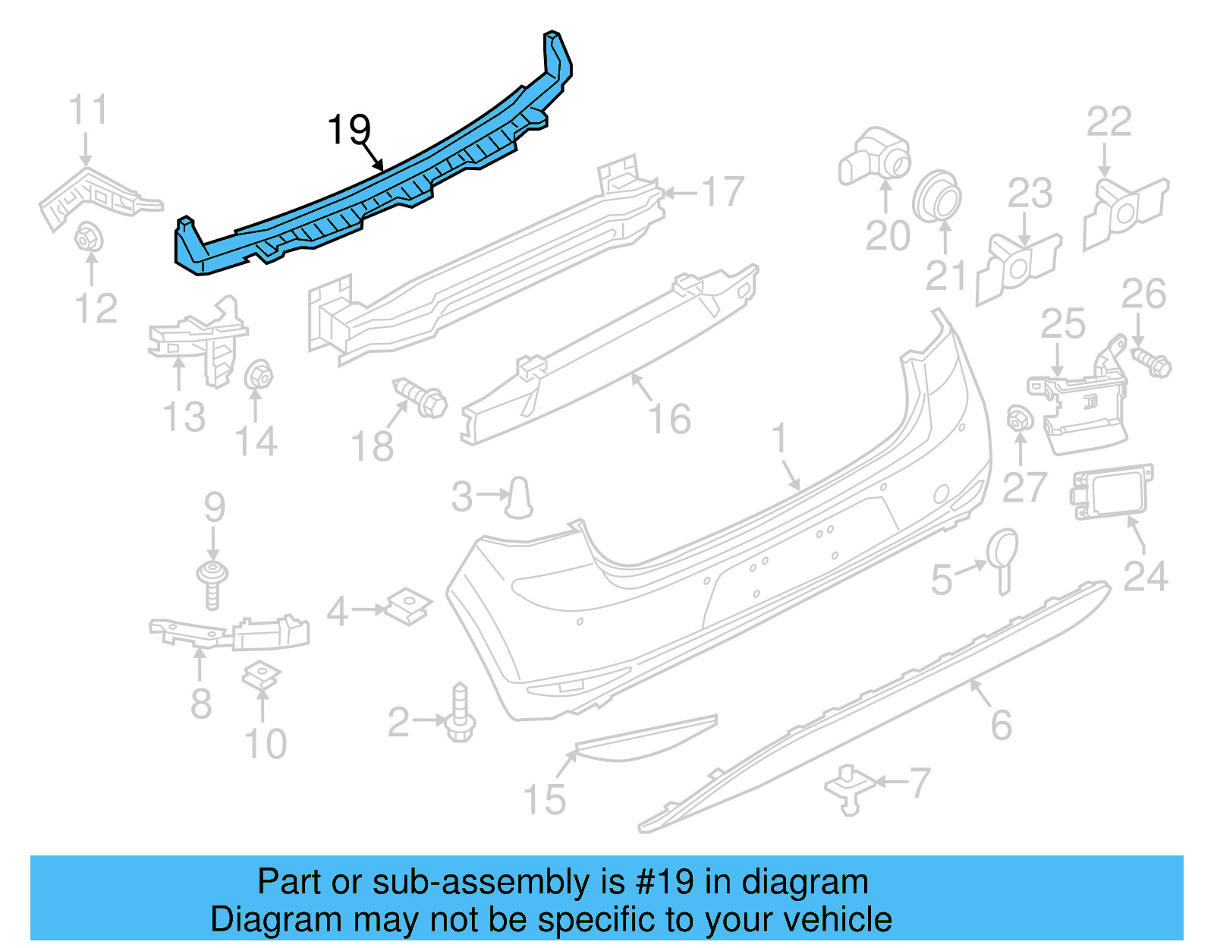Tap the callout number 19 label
[348, 130]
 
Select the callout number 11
[88, 110]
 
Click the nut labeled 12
[89, 238]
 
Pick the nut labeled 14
[259, 374]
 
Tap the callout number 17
[722, 191]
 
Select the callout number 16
[670, 419]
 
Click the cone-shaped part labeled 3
[520, 497]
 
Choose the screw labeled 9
[212, 581]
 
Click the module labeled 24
[1112, 492]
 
